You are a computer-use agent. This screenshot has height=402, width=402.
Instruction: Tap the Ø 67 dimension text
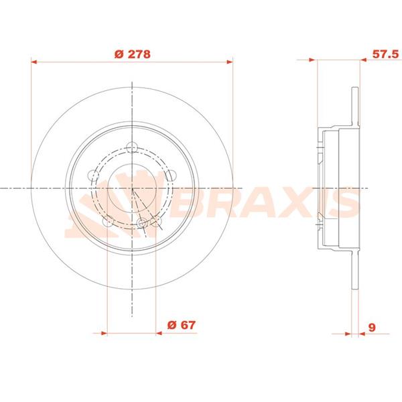(x=181, y=325)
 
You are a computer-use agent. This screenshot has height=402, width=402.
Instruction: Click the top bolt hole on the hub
(x=132, y=148)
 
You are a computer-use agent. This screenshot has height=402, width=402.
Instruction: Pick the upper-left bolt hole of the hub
(x=94, y=176)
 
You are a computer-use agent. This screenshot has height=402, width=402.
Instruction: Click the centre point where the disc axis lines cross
(x=133, y=188)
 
